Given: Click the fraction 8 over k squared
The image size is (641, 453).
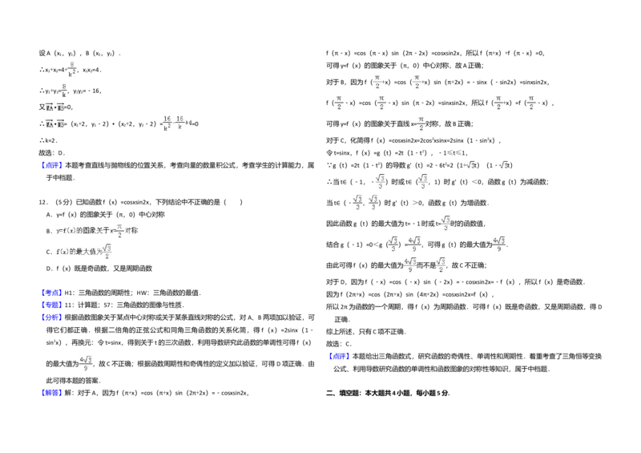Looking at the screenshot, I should click(x=71, y=68).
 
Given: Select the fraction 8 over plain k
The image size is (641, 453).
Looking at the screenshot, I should click(x=64, y=88).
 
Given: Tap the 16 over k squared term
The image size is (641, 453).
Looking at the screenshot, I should click(x=167, y=122).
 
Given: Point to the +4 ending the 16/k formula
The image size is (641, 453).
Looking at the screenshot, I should click(x=188, y=123).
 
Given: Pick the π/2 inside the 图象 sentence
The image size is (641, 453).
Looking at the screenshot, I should click(x=119, y=231).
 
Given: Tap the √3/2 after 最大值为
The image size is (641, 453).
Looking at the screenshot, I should click(x=108, y=253).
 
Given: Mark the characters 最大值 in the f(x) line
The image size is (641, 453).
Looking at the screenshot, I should click(x=83, y=253).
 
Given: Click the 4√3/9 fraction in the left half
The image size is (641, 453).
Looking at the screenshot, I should click(x=87, y=362).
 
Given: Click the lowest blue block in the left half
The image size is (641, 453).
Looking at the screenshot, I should click(x=51, y=392).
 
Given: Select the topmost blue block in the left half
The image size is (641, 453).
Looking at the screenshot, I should click(x=51, y=166).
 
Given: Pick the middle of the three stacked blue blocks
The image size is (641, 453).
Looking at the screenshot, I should click(x=51, y=305).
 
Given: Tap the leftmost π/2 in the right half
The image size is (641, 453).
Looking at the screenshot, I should click(x=340, y=103).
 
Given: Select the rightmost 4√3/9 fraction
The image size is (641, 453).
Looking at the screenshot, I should click(x=498, y=244).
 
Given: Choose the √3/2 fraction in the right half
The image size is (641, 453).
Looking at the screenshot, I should click(x=439, y=265).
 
